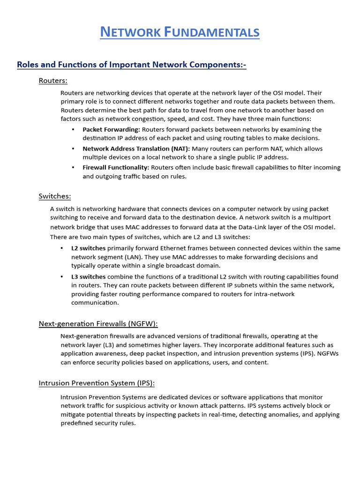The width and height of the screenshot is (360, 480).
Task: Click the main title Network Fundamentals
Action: (x=180, y=32)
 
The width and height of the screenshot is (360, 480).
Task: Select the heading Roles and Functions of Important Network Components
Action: (x=131, y=65)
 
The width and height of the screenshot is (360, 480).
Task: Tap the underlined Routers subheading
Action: (x=53, y=81)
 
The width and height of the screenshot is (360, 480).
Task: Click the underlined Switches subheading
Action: (x=55, y=196)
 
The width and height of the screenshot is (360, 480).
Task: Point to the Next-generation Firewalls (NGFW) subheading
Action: (x=98, y=323)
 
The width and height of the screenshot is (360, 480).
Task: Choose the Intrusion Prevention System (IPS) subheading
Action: (x=97, y=383)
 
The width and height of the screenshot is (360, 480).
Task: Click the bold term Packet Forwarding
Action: (x=111, y=129)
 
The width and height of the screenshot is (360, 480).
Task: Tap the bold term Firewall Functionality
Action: (x=116, y=167)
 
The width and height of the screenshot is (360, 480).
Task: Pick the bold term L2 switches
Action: (x=88, y=248)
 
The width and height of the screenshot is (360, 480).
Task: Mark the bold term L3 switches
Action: (x=88, y=277)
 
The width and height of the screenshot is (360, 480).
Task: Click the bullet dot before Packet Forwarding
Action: (x=73, y=129)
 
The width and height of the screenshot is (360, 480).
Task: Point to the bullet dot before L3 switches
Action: (x=62, y=277)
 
